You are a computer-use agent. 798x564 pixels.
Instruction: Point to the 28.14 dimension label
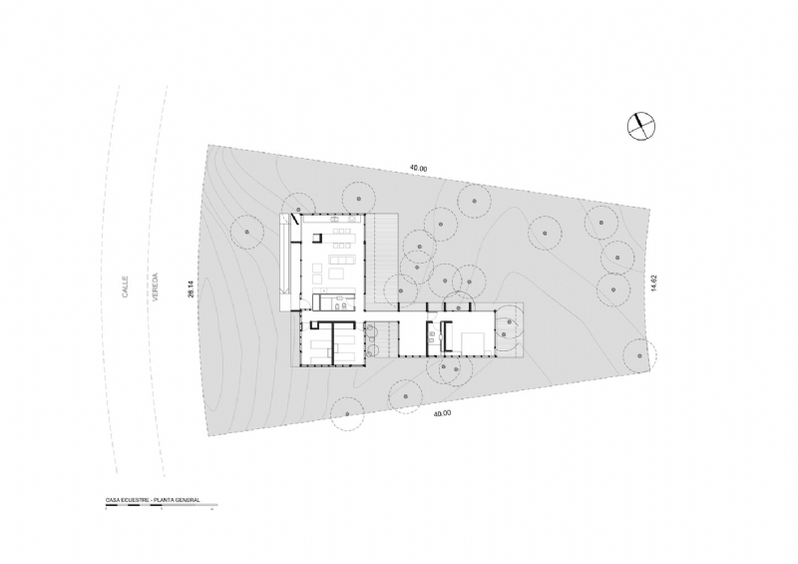click(190, 288)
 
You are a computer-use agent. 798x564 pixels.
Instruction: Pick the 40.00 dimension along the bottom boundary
click(440, 412)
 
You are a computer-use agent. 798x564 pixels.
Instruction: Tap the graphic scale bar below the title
click(161, 507)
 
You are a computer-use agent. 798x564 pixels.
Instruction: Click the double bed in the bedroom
click(472, 341)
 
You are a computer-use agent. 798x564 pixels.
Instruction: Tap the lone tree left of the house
click(245, 232)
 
